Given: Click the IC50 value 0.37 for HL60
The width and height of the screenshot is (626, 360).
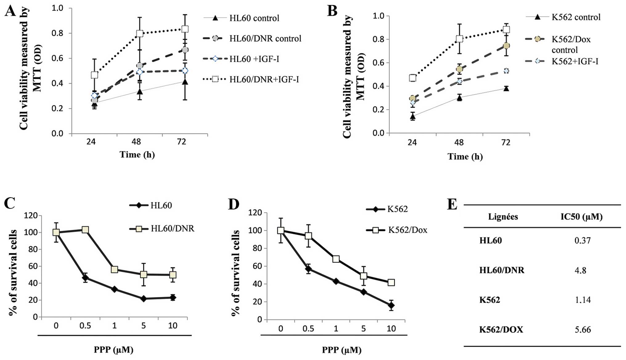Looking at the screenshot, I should click(582, 240).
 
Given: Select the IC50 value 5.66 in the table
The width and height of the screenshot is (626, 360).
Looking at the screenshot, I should click(583, 329).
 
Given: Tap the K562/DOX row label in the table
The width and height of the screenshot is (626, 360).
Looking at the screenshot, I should click(501, 329).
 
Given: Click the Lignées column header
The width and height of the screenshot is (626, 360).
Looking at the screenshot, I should click(503, 217).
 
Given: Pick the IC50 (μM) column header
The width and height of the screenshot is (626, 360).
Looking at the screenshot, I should click(581, 217).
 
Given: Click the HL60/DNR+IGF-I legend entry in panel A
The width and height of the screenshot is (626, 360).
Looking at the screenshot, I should click(264, 80).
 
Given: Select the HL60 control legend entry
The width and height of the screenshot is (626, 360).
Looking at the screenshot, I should click(254, 18).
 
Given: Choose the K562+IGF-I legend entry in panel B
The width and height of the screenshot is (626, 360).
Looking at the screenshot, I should click(575, 61).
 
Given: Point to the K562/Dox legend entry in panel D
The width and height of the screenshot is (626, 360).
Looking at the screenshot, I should click(407, 230).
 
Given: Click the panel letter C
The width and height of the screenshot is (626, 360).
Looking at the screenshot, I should click(10, 203).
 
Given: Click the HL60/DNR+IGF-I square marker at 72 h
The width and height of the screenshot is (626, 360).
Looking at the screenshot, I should click(185, 29).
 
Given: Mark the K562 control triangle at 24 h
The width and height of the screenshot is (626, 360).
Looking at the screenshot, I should click(413, 116).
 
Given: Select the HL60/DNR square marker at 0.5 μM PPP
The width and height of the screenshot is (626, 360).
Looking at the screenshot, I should click(85, 230).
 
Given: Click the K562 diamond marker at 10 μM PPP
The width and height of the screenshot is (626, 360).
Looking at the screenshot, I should click(391, 305).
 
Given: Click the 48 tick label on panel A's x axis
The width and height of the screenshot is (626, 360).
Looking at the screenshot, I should click(136, 142).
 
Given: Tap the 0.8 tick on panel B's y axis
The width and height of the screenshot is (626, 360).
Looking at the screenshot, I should click(379, 39).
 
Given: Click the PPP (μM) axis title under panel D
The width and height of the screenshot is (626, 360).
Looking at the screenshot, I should click(342, 350).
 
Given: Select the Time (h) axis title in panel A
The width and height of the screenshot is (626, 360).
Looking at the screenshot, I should click(137, 154).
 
